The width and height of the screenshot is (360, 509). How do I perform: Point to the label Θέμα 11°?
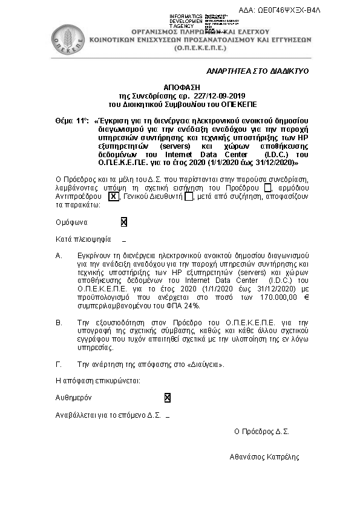[71, 121]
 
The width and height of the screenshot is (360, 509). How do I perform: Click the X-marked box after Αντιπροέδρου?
[113, 196]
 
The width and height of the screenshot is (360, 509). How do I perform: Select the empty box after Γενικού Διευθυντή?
[188, 196]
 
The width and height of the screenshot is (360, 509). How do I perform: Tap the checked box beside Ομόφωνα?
[123, 222]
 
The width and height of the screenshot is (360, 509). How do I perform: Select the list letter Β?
[59, 323]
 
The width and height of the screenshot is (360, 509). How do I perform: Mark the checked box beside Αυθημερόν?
[167, 398]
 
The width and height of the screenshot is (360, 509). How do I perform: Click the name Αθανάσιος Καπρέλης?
[264, 457]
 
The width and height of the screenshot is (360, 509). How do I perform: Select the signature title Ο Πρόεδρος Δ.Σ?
[261, 432]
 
